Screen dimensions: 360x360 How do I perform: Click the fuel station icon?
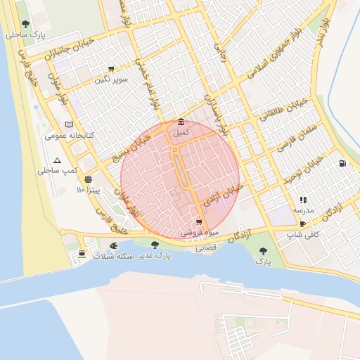tap(342, 164)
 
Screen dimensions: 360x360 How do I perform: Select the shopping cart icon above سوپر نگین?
tap(111, 69)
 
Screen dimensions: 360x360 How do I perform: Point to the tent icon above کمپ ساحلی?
tap(57, 160)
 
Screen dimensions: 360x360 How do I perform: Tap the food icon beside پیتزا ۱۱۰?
tap(88, 180)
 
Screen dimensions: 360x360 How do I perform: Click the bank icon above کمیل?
tap(181, 122)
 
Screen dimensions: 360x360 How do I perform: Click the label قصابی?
tap(206, 247)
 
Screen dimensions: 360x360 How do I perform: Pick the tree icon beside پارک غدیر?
tap(155, 245)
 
